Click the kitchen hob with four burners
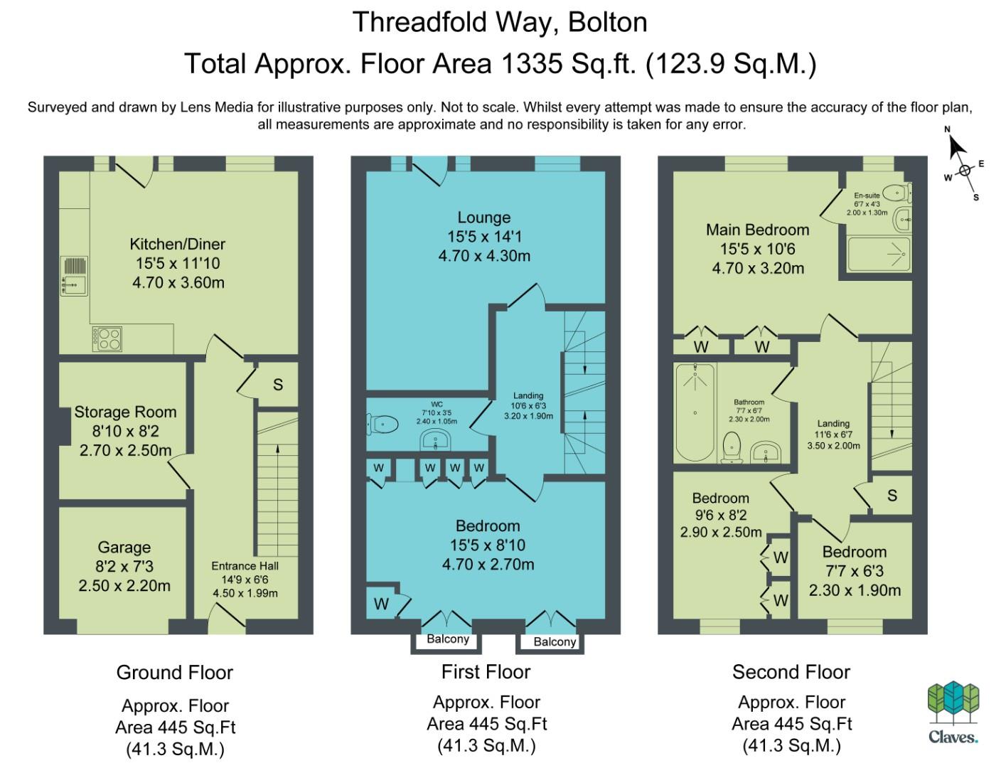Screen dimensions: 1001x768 [x=107, y=338]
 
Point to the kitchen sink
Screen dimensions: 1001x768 [x=74, y=276]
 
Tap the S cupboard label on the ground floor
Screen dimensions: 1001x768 [x=278, y=385]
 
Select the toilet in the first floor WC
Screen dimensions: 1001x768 [x=382, y=424]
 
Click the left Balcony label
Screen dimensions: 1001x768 [x=448, y=639]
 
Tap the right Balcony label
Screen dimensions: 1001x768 [x=555, y=641]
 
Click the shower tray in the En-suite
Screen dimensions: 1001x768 [x=879, y=254]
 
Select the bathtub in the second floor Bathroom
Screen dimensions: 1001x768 [x=695, y=412]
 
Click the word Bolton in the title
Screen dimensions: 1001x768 [x=608, y=22]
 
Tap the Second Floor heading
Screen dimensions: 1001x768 [x=791, y=672]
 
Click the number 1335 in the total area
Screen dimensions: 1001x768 [x=532, y=63]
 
